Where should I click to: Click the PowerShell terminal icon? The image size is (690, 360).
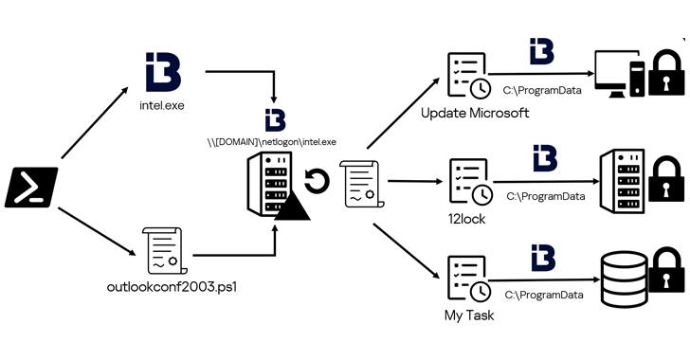[31, 187]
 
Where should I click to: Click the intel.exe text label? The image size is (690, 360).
[161, 106]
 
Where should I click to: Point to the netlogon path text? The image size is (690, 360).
[273, 142]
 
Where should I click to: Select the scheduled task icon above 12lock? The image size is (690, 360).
[468, 179]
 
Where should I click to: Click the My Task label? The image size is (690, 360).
[468, 315]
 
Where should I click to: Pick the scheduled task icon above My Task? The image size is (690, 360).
[468, 277]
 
